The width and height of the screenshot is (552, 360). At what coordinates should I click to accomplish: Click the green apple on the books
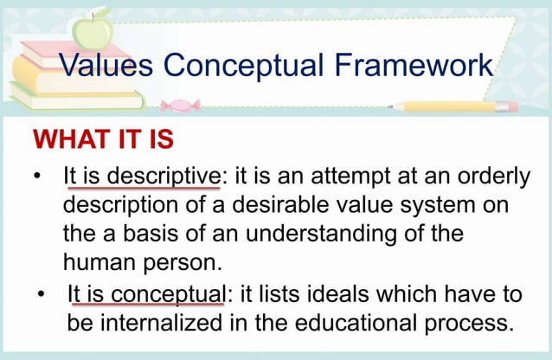[x=93, y=30]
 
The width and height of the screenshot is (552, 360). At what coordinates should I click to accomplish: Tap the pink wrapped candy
[x=180, y=106]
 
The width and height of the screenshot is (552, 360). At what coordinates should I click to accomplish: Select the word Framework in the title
[x=414, y=65]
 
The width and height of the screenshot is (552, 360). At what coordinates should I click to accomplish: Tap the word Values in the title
[x=106, y=65]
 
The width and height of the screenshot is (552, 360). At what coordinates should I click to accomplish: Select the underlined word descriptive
[x=164, y=177]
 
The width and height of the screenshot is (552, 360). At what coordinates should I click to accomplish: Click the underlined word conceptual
[x=168, y=294]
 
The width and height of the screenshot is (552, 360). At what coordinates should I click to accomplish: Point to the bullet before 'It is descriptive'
[x=37, y=176]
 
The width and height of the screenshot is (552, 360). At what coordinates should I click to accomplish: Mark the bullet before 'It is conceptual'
[x=42, y=293]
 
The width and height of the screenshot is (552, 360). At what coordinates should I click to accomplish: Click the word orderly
[x=493, y=177]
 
